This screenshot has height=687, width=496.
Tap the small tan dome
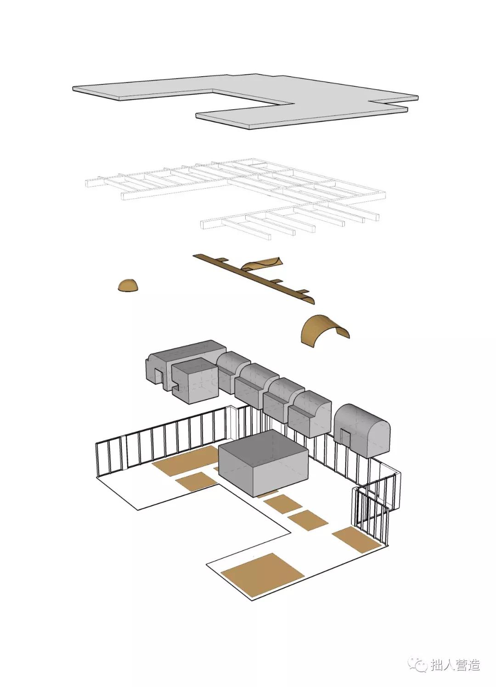pos(128,286)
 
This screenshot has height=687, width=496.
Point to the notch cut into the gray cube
pos(175,390)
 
